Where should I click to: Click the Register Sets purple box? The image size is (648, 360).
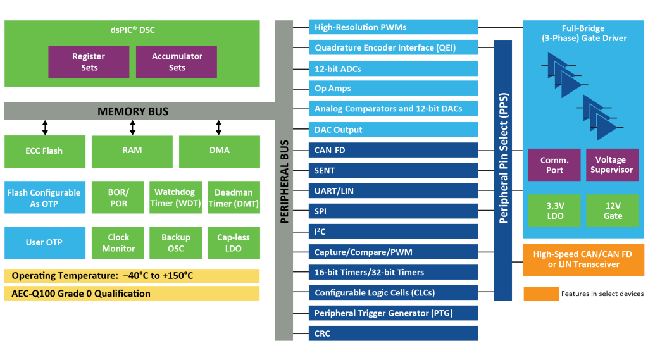point(89,61)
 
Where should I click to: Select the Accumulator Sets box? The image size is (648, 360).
point(177,61)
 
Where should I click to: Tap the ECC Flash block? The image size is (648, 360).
point(44,151)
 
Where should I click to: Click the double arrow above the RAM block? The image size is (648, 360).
point(132,128)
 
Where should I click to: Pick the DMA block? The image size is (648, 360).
point(219,151)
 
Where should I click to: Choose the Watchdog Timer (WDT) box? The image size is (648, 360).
point(175,197)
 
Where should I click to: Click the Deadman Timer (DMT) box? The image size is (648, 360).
point(234,197)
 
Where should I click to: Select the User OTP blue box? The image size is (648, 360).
point(44,243)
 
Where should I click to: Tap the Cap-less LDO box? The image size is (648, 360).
point(234,243)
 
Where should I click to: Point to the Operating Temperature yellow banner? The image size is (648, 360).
point(132,276)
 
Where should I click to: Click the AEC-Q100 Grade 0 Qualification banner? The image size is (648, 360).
point(132,294)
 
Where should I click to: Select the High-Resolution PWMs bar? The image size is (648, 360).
point(393,27)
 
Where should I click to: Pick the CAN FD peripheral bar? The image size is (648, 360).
point(393,150)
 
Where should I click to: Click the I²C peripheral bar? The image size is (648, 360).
point(393,232)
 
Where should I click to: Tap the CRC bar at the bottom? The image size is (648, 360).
point(393,333)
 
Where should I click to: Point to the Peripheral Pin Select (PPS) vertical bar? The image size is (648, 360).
point(503,170)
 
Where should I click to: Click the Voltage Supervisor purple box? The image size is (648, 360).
point(611,165)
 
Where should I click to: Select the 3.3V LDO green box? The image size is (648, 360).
point(554,211)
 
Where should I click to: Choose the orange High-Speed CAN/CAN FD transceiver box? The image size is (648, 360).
point(583,259)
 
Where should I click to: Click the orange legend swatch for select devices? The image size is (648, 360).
point(540,294)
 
